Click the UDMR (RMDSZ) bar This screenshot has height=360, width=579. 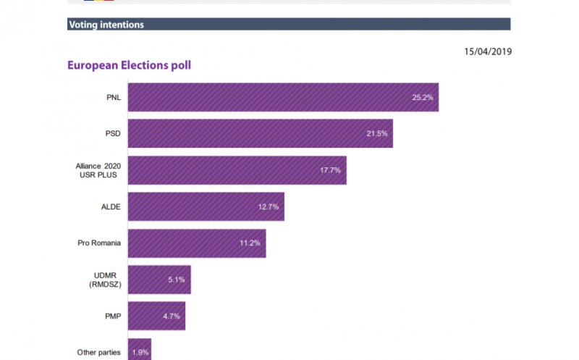pos(159,280)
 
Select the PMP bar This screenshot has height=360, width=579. pos(156,316)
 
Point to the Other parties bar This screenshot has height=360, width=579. pos(140,350)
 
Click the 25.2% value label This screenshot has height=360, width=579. pos(423,97)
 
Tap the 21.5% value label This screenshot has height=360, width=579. pos(377,134)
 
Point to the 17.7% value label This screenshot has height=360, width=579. pos(330,170)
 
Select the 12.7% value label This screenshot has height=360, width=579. pos(269,207)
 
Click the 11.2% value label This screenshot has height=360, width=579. pos(250,243)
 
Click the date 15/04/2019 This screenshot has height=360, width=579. pos(487,51)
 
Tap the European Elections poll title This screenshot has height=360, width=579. pos(129,65)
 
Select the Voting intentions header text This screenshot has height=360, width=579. pos(106,25)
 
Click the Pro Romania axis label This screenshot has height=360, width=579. pos(99,243)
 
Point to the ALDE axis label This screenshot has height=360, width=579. pos(110,207)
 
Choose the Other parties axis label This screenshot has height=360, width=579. pos(98,353)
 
